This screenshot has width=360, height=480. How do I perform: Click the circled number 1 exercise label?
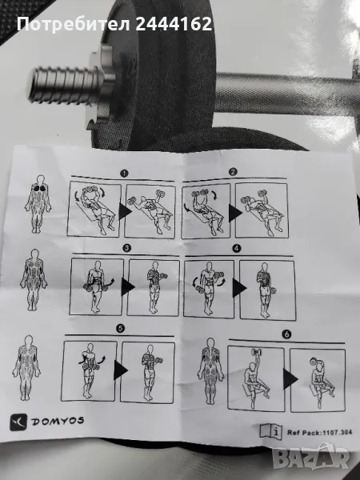click(x=124, y=174)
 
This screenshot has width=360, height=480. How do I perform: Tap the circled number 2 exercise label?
click(x=234, y=172)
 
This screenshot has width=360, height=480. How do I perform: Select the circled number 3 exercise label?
click(x=126, y=248)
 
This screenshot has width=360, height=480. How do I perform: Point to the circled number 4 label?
click(x=237, y=249)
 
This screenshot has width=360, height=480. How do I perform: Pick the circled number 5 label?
click(x=120, y=329)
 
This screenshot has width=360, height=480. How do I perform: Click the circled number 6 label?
click(x=286, y=334)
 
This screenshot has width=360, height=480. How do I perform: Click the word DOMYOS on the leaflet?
click(x=58, y=422)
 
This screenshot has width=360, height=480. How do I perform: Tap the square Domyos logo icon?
click(x=18, y=422)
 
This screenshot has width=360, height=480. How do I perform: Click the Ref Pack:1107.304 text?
click(x=319, y=433)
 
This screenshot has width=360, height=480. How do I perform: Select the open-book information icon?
click(x=271, y=432)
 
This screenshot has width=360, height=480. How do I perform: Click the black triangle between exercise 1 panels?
click(x=125, y=211)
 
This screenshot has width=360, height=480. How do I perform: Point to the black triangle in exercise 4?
click(x=239, y=288)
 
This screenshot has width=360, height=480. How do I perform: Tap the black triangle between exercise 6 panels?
click(x=290, y=379)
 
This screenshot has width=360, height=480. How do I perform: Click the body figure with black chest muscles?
click(x=38, y=204)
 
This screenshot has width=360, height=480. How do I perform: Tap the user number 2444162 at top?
click(x=174, y=24)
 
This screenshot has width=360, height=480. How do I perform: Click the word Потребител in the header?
click(x=74, y=24)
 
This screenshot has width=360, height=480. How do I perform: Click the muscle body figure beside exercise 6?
click(x=210, y=370)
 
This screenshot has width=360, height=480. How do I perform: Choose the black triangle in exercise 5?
click(x=121, y=370)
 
